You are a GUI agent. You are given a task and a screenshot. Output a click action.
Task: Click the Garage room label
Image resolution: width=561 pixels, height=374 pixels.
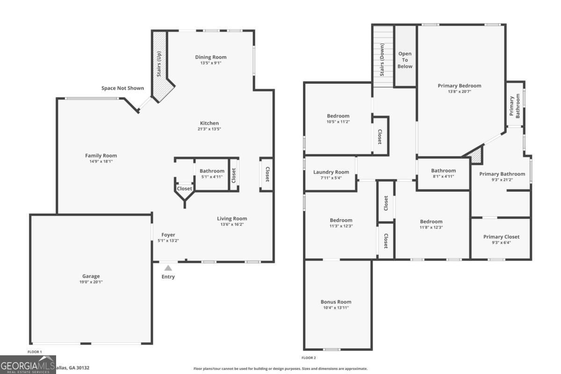click(91, 276)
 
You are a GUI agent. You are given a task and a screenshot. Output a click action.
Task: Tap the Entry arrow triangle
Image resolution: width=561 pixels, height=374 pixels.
click(168, 268)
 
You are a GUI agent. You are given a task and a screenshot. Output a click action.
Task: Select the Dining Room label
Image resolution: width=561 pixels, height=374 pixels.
click(210, 57)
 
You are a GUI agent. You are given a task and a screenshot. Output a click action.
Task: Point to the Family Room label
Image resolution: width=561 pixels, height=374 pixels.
click(101, 156)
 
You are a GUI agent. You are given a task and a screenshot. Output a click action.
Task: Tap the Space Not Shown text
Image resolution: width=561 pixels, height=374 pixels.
click(122, 88)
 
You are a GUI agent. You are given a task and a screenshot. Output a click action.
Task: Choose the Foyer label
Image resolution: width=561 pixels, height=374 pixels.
click(168, 235)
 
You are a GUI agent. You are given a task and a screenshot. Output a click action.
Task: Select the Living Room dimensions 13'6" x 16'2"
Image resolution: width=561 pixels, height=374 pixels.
click(232, 224)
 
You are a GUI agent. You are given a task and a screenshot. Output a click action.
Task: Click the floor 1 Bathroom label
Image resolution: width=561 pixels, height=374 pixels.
click(212, 171)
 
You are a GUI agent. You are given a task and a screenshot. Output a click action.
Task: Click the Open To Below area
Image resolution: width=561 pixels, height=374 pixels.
click(405, 60)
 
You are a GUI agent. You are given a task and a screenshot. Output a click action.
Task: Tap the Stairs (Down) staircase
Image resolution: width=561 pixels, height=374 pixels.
click(382, 56)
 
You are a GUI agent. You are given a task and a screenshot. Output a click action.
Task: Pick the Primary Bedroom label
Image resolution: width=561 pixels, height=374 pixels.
click(459, 86)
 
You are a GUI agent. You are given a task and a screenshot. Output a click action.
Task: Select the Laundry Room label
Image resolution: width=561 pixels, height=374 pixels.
click(331, 172)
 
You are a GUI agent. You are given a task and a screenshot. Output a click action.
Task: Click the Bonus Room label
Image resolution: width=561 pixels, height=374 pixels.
click(336, 302)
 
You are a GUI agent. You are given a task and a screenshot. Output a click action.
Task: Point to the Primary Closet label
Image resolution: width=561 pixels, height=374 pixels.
click(501, 237)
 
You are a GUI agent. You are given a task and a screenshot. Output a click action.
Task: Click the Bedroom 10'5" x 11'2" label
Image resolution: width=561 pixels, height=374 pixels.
click(338, 116)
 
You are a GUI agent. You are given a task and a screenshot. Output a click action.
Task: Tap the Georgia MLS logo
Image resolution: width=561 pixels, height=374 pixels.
click(28, 365)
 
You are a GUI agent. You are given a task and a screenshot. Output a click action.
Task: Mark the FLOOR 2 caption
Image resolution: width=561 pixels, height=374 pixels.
click(309, 358)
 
